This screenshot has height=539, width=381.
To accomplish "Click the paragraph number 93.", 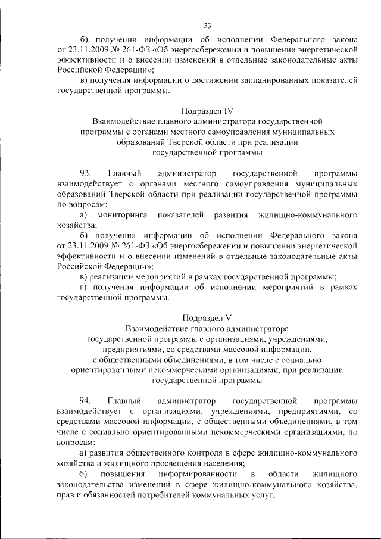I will (x=85, y=173).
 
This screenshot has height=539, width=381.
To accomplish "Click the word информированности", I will (x=198, y=473).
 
